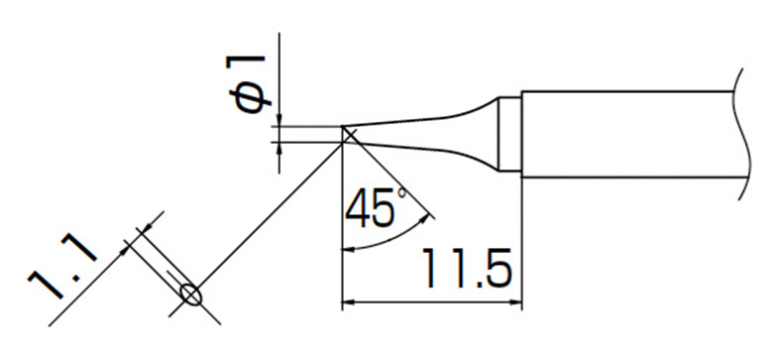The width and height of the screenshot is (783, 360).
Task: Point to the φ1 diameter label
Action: (x=248, y=83)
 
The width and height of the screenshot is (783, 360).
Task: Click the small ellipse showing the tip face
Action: (x=190, y=294)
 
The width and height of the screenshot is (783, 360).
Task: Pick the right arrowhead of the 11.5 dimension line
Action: (x=513, y=302)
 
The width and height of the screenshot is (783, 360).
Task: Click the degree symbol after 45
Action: (x=402, y=193)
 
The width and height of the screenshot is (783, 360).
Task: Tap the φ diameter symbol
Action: (x=249, y=99)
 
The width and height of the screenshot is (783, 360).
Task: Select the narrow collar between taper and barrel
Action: (x=509, y=134)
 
